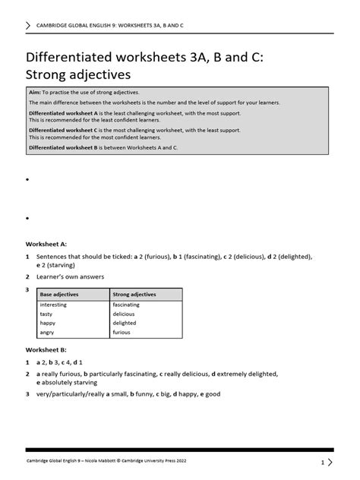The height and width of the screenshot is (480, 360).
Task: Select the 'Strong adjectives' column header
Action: (134, 294)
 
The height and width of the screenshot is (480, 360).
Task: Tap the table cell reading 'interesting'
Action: (54, 305)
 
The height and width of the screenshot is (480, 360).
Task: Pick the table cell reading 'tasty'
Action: (46, 314)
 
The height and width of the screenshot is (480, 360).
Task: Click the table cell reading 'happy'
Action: (48, 323)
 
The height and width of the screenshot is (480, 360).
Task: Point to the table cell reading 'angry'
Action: (47, 332)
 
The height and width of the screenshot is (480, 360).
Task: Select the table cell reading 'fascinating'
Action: (126, 305)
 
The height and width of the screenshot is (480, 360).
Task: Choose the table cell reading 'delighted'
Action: (125, 323)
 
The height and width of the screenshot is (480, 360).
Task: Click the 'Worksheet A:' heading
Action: (47, 245)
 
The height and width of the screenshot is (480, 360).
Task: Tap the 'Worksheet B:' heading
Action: (47, 349)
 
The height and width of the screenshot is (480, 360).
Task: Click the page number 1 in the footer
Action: (322, 462)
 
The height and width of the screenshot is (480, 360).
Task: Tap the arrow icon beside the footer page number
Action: (330, 462)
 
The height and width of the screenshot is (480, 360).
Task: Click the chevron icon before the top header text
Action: (29, 25)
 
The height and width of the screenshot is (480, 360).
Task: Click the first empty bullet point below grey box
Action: (27, 181)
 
